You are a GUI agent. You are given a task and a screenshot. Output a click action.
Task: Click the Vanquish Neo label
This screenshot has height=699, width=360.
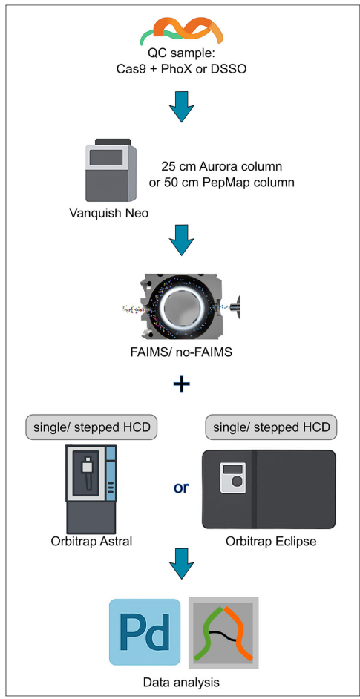point(109,213)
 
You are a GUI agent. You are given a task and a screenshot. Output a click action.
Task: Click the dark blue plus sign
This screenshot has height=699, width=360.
point(180,385)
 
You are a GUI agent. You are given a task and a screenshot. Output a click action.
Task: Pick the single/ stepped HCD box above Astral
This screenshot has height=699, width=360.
point(91,428)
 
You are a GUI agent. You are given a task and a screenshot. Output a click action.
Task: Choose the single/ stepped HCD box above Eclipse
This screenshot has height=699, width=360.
point(271,428)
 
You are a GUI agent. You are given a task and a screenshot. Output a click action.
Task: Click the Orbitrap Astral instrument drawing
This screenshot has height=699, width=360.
point(91,489)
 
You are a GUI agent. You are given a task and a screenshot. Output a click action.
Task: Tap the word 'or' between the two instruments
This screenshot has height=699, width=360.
point(180,488)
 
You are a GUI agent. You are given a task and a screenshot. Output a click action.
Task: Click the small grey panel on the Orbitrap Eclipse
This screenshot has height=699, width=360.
point(233,477)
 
